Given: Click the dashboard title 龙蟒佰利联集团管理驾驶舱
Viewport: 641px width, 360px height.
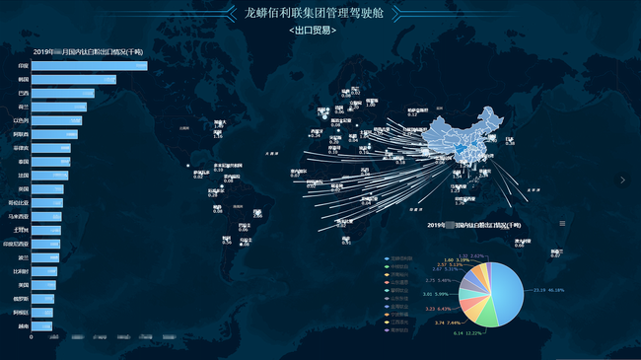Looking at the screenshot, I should [320, 14].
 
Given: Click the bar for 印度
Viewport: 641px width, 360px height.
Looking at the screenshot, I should [90, 65].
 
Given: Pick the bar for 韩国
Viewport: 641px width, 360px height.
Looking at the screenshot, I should [74, 79].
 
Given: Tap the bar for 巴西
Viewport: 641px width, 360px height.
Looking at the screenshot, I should [63, 93].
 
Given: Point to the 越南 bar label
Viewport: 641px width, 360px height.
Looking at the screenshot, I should [23, 325].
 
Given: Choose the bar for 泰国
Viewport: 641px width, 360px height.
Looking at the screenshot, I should [49, 161].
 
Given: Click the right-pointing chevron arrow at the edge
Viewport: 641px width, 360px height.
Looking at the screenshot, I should [622, 180].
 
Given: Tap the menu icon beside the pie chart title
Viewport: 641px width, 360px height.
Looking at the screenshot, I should [563, 224].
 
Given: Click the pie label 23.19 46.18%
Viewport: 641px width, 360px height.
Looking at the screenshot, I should [548, 290].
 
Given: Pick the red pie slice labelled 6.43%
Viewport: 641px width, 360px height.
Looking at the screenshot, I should [467, 300].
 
